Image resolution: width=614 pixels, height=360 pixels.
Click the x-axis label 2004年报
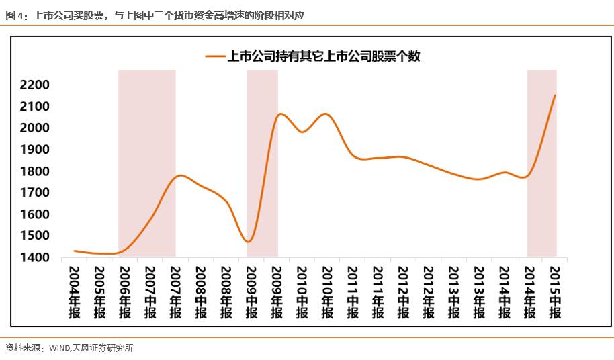pyautogui.click(x=75, y=292)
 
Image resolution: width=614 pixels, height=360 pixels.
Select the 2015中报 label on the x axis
pyautogui.click(x=555, y=292)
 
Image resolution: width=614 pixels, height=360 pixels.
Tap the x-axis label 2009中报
pyautogui.click(x=251, y=292)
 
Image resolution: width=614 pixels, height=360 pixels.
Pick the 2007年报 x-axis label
pyautogui.click(x=176, y=292)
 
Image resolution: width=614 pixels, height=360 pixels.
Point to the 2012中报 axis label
pyautogui.click(x=403, y=292)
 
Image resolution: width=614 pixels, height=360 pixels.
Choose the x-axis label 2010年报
pyautogui.click(x=327, y=292)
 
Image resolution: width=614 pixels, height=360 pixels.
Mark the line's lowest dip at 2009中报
pyautogui.click(x=249, y=242)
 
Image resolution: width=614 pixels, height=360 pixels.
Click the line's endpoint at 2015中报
pyautogui.click(x=555, y=95)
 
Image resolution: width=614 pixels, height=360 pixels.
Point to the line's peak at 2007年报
pyautogui.click(x=179, y=176)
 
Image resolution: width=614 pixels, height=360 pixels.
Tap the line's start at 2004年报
pyautogui.click(x=75, y=251)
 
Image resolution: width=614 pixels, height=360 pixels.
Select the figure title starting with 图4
pyautogui.click(x=155, y=14)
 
